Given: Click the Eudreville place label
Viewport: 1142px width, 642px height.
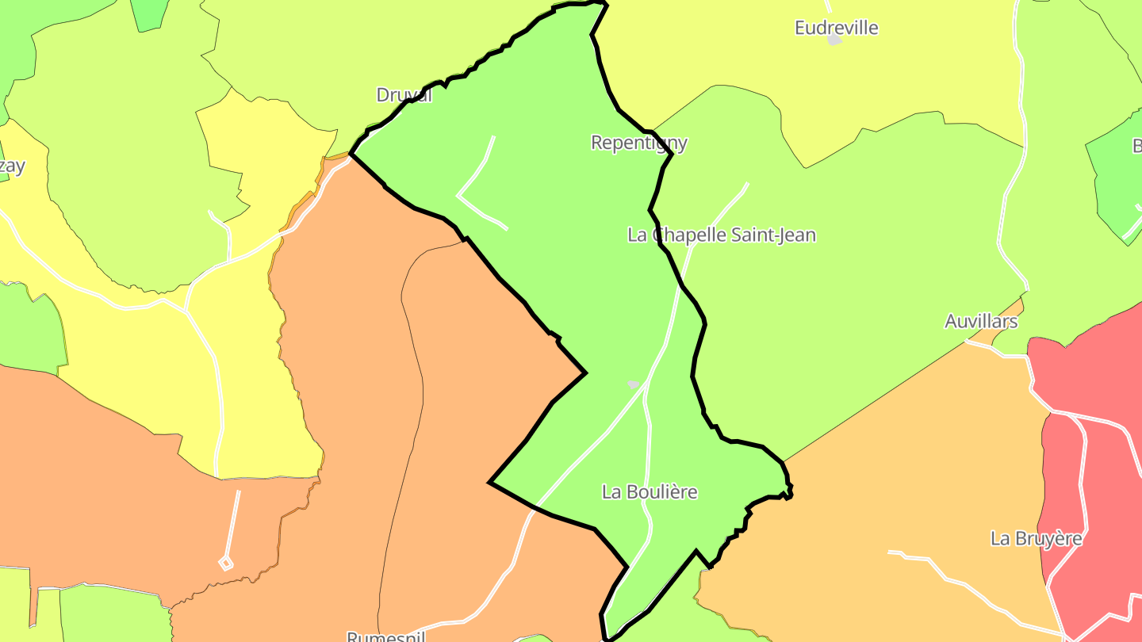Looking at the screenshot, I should pyautogui.click(x=836, y=29).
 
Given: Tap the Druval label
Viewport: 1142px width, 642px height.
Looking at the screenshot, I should pyautogui.click(x=404, y=95).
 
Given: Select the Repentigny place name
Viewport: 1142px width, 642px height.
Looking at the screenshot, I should pyautogui.click(x=639, y=143).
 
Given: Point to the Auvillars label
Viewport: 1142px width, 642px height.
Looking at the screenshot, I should pyautogui.click(x=981, y=321).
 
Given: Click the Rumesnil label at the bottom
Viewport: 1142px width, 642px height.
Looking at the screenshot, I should pyautogui.click(x=386, y=636).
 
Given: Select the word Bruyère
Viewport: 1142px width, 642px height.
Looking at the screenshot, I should pyautogui.click(x=1048, y=538).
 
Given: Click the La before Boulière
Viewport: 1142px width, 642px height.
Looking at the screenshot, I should pyautogui.click(x=611, y=491).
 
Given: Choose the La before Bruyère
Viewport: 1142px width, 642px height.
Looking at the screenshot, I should pyautogui.click(x=1000, y=538).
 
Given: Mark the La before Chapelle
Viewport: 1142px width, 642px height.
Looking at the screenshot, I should pyautogui.click(x=637, y=235).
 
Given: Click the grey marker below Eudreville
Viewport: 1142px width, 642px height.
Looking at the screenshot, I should pyautogui.click(x=834, y=40).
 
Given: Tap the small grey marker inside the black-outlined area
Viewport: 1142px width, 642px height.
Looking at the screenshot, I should pyautogui.click(x=633, y=384).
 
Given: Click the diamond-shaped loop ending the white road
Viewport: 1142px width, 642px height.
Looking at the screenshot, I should pyautogui.click(x=226, y=563).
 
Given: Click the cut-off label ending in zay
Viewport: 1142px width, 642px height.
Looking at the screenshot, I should pyautogui.click(x=11, y=166).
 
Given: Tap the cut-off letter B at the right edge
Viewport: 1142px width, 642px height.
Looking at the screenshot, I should pyautogui.click(x=1136, y=146).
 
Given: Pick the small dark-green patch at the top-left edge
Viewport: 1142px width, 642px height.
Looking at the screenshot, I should pyautogui.click(x=149, y=13).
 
